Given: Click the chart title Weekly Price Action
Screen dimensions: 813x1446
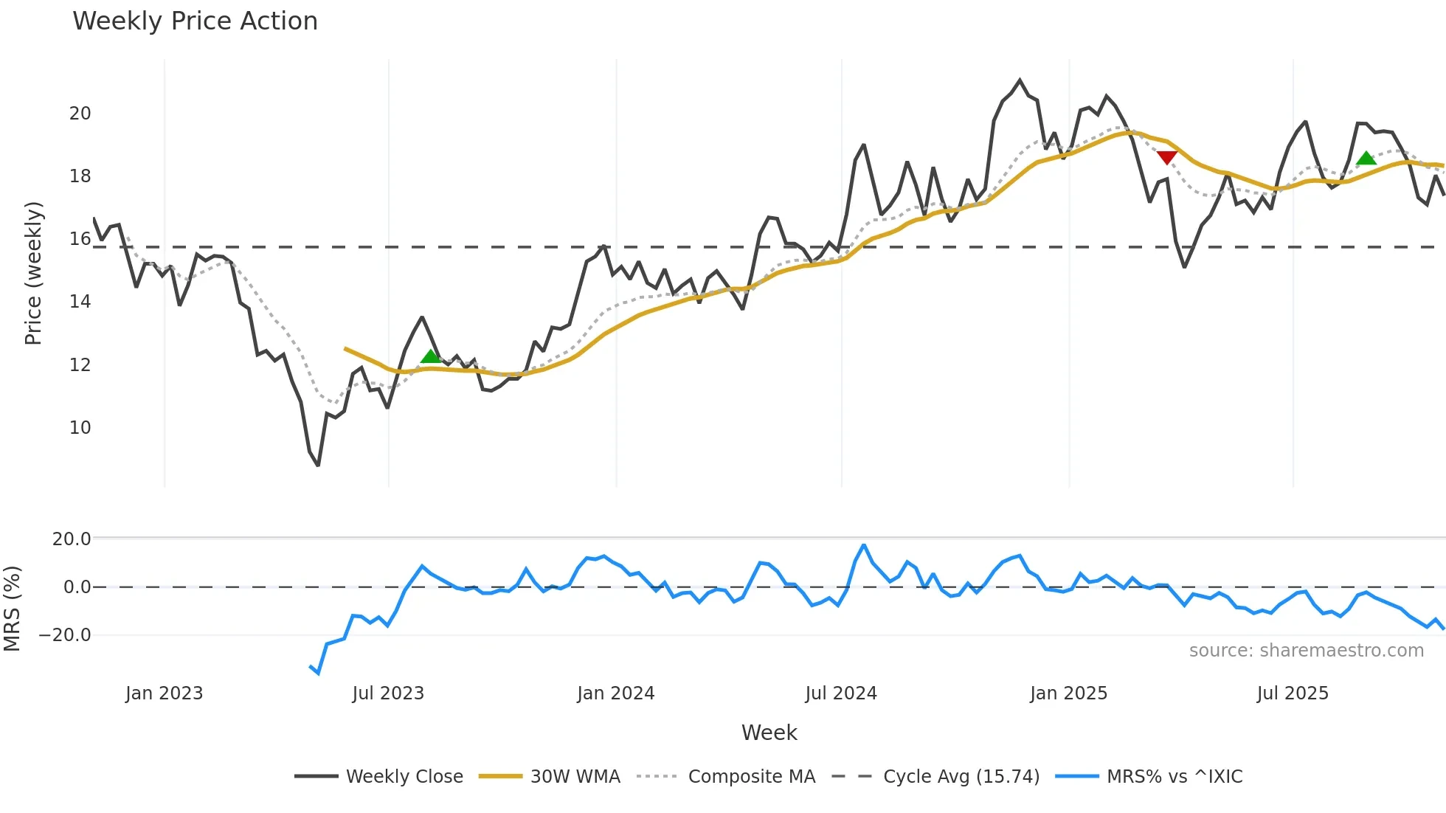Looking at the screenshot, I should (195, 21).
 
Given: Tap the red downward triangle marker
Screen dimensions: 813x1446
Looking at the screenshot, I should (1167, 157).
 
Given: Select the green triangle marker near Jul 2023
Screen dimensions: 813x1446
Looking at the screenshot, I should (430, 357).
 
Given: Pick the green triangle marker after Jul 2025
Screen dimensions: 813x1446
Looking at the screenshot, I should (1366, 158).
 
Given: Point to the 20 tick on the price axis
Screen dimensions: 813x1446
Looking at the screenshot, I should (80, 114).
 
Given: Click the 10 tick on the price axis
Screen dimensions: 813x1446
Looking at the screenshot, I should (80, 428).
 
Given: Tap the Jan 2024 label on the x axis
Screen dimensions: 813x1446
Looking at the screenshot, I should (615, 693).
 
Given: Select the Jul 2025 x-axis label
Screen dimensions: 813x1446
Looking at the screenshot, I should (1293, 693).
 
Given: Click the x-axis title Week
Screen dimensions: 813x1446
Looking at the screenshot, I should (769, 733).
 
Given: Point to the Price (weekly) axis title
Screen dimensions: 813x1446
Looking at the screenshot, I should (33, 273).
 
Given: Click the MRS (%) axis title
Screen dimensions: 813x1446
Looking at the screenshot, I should (12, 609).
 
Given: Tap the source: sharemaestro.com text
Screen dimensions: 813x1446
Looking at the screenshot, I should (1306, 651).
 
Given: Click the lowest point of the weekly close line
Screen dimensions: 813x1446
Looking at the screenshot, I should (318, 465).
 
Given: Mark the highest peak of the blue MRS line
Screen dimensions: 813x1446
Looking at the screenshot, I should (864, 545).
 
